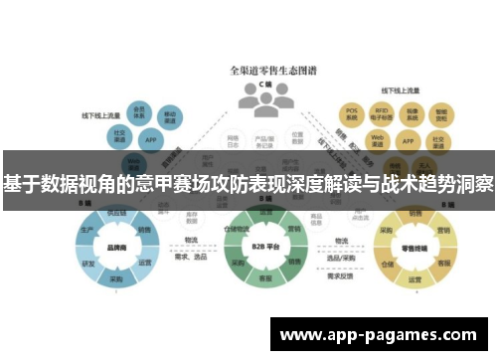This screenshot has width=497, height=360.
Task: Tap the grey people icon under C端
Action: click(x=248, y=97)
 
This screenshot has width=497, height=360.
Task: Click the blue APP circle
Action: click(x=151, y=141)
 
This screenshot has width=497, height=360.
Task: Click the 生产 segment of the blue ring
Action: click(x=87, y=230)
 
